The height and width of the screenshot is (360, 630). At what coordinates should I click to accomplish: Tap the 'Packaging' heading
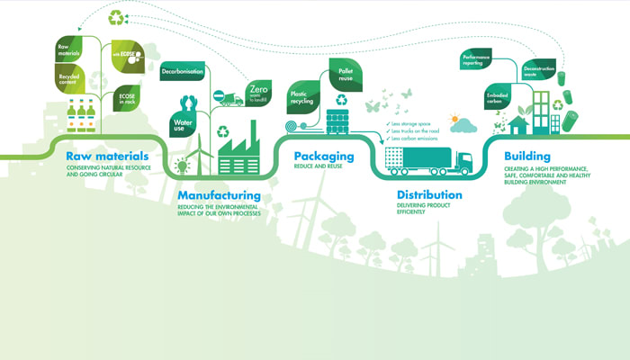click(324, 157)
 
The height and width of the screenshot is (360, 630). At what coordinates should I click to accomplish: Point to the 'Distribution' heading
click(429, 194)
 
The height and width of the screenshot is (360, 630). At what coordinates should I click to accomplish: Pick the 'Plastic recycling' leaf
click(302, 94)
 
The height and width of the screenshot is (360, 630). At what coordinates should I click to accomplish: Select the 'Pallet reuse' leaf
click(344, 70)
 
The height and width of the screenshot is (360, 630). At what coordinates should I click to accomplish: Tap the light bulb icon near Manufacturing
click(183, 164)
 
